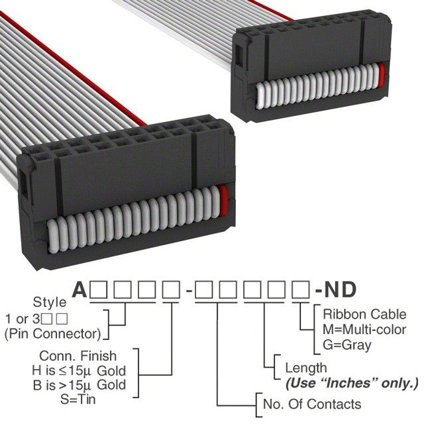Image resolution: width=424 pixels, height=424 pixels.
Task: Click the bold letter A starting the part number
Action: click(79, 290)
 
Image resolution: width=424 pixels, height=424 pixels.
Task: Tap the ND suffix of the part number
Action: click(340, 290)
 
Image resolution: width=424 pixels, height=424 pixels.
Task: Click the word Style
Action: click(50, 303)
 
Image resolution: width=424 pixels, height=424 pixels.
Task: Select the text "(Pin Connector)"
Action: click(53, 334)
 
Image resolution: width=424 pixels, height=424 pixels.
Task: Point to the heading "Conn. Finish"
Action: click(78, 356)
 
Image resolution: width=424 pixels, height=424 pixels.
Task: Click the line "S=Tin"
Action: click(78, 399)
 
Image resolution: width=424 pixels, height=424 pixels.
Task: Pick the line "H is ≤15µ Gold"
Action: click(79, 371)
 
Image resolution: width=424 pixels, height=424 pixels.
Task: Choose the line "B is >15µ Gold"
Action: click(79, 385)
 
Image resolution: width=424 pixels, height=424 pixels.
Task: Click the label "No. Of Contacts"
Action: click(312, 404)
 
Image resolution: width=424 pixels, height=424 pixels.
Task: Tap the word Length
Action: click(306, 368)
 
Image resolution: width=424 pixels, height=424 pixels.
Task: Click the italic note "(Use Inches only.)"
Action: click(352, 383)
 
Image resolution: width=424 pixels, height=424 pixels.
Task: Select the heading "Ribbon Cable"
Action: click(364, 315)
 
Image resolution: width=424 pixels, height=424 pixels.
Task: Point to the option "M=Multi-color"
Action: click(364, 330)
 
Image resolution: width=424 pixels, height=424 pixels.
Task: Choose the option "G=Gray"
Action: click(347, 345)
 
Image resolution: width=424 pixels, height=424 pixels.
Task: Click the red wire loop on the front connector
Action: click(224, 201)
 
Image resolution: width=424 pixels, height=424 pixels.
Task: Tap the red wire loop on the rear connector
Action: click(382, 76)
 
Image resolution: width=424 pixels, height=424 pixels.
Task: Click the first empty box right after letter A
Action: click(99, 290)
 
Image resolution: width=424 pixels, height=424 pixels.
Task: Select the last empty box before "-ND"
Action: click(301, 290)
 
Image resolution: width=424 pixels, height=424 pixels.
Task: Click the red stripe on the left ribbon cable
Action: click(73, 68)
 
